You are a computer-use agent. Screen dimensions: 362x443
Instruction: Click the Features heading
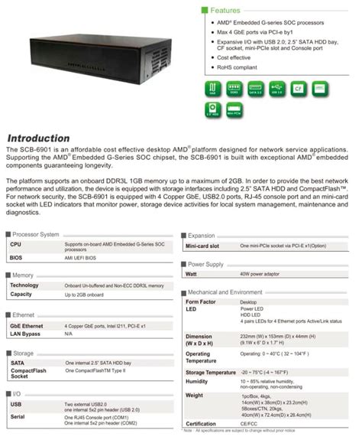point(231,11)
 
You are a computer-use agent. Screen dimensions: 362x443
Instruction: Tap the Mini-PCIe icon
point(233,112)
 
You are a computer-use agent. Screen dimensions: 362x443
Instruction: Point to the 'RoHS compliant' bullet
point(238,67)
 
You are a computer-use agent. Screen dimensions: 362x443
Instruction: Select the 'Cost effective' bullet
point(234,57)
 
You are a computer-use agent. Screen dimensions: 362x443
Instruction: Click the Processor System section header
point(36,234)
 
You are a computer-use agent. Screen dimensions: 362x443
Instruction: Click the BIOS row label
point(16,260)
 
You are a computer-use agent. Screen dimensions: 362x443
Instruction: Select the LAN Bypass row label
point(24,334)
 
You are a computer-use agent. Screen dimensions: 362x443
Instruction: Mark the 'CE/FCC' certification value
point(248,422)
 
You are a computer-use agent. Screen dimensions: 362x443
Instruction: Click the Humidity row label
point(198,380)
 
